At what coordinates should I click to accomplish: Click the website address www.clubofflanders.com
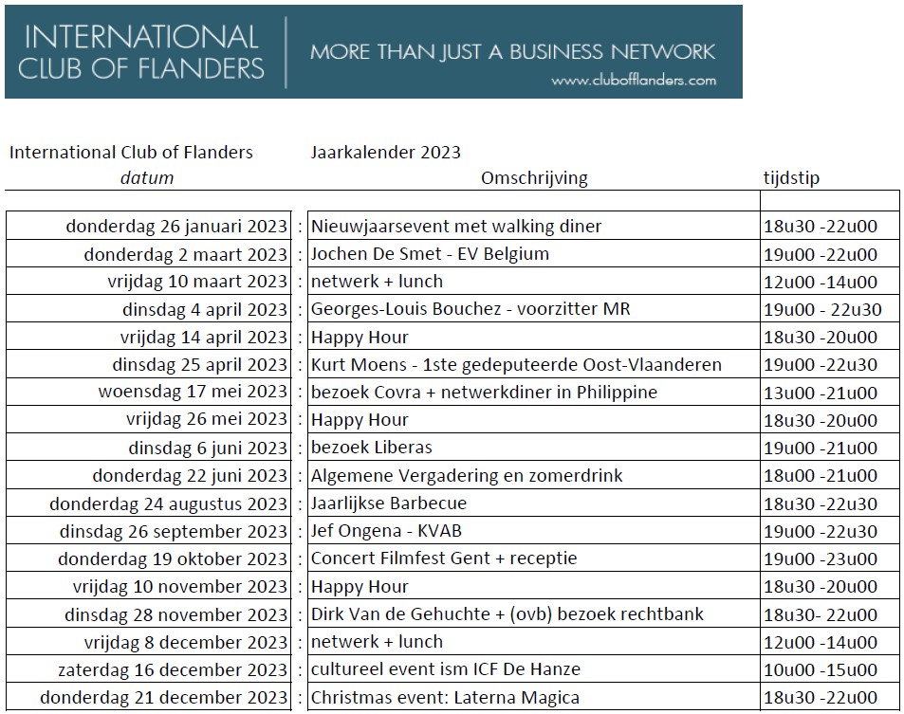(633, 81)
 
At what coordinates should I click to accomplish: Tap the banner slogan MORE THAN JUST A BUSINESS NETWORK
(512, 51)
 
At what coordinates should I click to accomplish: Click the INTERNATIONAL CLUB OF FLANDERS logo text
(143, 52)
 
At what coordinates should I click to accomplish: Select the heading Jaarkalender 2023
(385, 153)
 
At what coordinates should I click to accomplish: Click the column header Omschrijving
(534, 177)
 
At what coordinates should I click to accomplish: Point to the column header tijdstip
(791, 177)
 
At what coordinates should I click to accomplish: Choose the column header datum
(147, 177)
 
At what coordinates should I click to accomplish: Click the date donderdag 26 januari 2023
(175, 227)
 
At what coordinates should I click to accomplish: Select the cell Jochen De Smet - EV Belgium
(430, 254)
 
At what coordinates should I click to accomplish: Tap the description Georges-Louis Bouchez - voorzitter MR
(470, 309)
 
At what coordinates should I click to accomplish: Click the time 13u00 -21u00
(821, 393)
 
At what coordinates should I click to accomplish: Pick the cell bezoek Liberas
(372, 448)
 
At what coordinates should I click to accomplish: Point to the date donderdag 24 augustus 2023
(168, 503)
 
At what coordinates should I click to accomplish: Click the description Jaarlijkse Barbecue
(389, 503)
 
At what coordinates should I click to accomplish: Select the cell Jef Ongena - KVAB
(386, 531)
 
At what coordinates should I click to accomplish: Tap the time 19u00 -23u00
(821, 558)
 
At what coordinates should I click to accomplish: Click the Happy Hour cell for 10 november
(360, 587)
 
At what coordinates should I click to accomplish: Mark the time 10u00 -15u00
(821, 669)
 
